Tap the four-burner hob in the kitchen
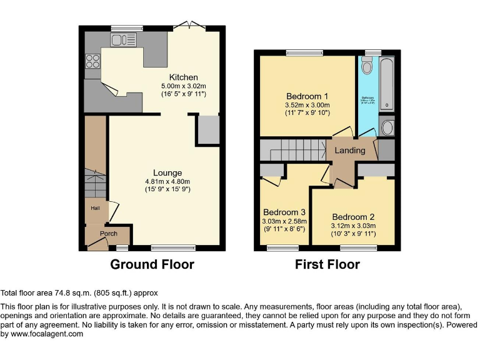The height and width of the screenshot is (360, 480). tap(92, 61)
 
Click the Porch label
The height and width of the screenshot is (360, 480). tap(109, 234)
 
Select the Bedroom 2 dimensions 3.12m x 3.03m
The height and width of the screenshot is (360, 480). tap(353, 226)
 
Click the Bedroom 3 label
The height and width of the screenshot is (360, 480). tap(284, 212)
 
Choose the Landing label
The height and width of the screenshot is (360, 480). tap(350, 151)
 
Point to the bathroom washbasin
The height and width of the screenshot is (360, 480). tap(387, 127)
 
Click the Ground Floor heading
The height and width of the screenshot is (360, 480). tap(152, 264)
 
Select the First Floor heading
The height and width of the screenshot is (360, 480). tap(327, 264)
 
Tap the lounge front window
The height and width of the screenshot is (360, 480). tap(173, 247)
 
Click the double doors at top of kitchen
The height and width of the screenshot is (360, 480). tap(189, 26)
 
